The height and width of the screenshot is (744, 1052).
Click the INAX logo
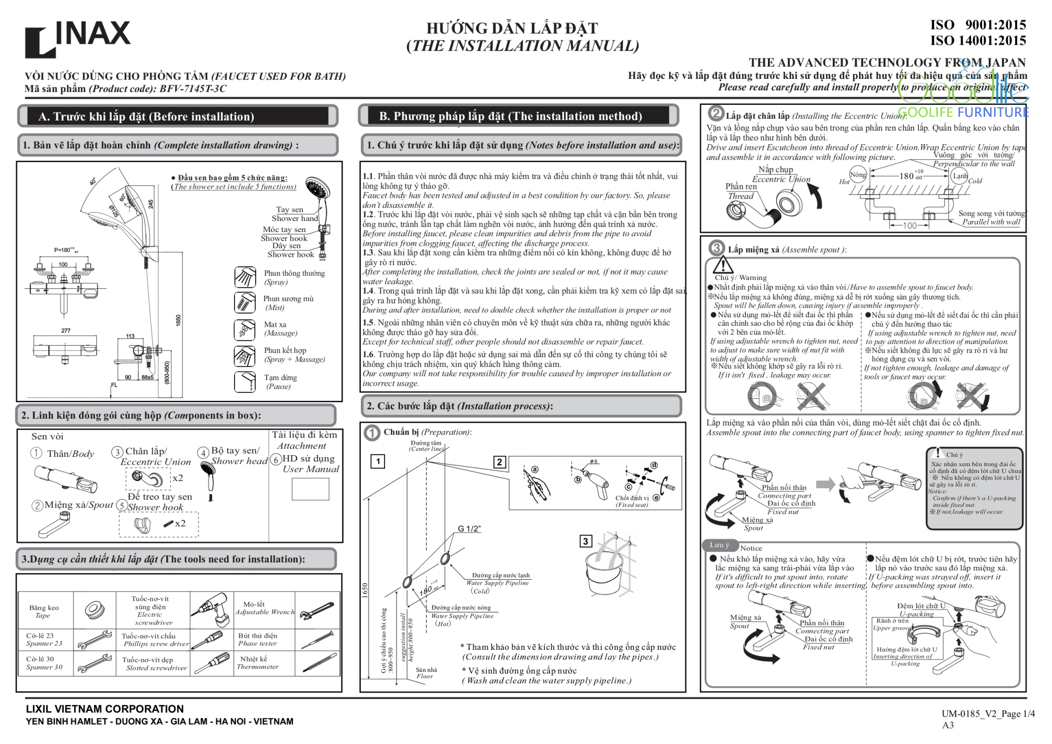point(78,38)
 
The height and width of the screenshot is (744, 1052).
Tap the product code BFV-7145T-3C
point(193,89)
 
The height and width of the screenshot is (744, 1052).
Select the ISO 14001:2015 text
point(978,41)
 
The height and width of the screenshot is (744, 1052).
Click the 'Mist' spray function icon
point(245,303)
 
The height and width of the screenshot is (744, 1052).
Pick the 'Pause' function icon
point(245,381)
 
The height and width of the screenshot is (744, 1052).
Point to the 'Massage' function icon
point(245,329)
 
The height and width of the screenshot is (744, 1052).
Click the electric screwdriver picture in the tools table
point(211,610)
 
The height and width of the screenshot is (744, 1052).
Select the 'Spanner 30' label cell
point(45,663)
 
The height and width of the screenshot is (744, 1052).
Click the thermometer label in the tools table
point(257,663)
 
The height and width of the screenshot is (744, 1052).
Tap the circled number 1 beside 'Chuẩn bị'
point(372,433)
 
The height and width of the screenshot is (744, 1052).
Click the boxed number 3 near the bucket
point(585,541)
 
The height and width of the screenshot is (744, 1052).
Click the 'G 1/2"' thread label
point(469,529)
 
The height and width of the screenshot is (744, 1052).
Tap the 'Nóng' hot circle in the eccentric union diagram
point(858,175)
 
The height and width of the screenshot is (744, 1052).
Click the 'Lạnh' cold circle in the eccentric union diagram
point(959,176)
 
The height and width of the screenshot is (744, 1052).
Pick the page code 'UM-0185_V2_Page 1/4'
point(988,714)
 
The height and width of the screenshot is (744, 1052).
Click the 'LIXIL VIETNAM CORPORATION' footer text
point(105,709)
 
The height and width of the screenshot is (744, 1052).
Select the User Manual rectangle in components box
point(310,489)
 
